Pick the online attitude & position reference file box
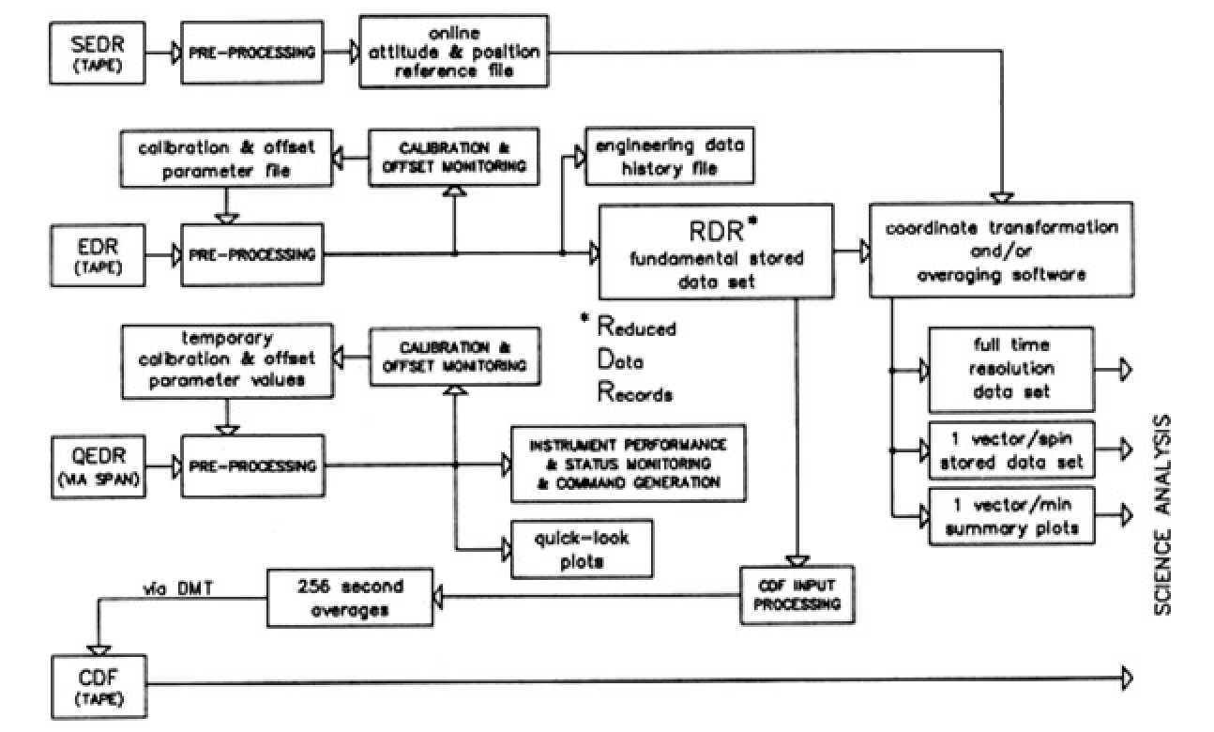[452, 53]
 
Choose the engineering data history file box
[669, 157]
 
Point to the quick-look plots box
[580, 549]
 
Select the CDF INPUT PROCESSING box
[797, 595]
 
